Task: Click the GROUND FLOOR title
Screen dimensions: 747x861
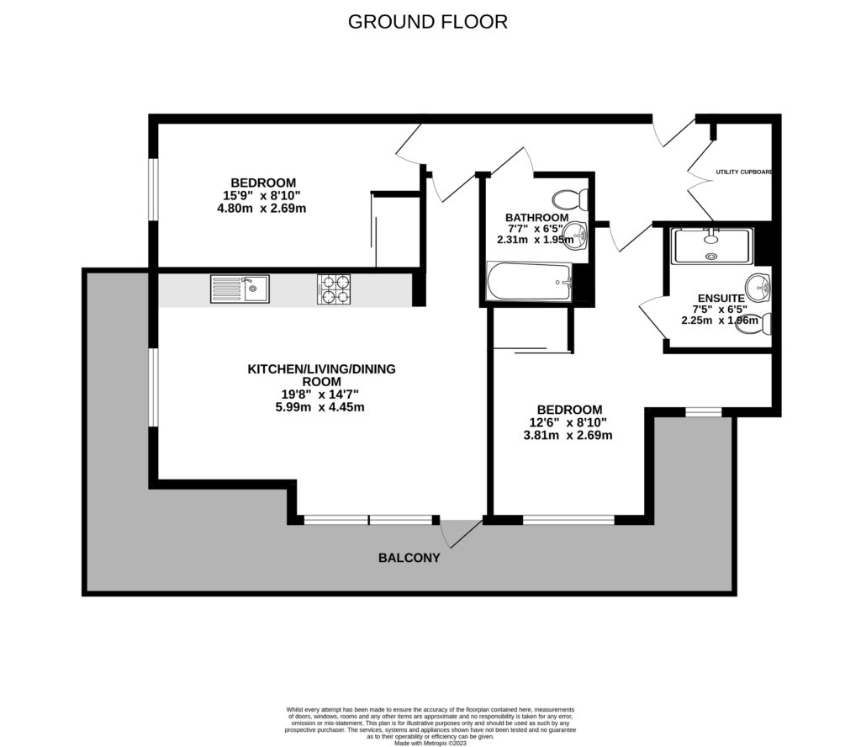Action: (x=428, y=22)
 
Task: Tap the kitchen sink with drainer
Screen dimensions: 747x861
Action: (x=240, y=289)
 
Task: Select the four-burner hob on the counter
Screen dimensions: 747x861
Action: (x=334, y=289)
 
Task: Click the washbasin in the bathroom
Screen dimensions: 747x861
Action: (x=579, y=239)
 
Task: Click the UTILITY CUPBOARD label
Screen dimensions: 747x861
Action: (x=743, y=172)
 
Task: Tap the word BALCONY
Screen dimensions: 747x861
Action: (x=409, y=557)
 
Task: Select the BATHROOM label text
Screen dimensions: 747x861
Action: (x=536, y=217)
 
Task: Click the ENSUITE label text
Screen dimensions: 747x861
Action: (x=721, y=298)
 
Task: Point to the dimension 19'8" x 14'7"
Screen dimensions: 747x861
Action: (x=321, y=394)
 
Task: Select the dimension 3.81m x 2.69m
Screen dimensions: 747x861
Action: (x=568, y=435)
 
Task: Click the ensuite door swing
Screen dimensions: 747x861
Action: (x=652, y=318)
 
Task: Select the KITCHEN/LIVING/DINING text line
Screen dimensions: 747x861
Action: (x=321, y=368)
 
